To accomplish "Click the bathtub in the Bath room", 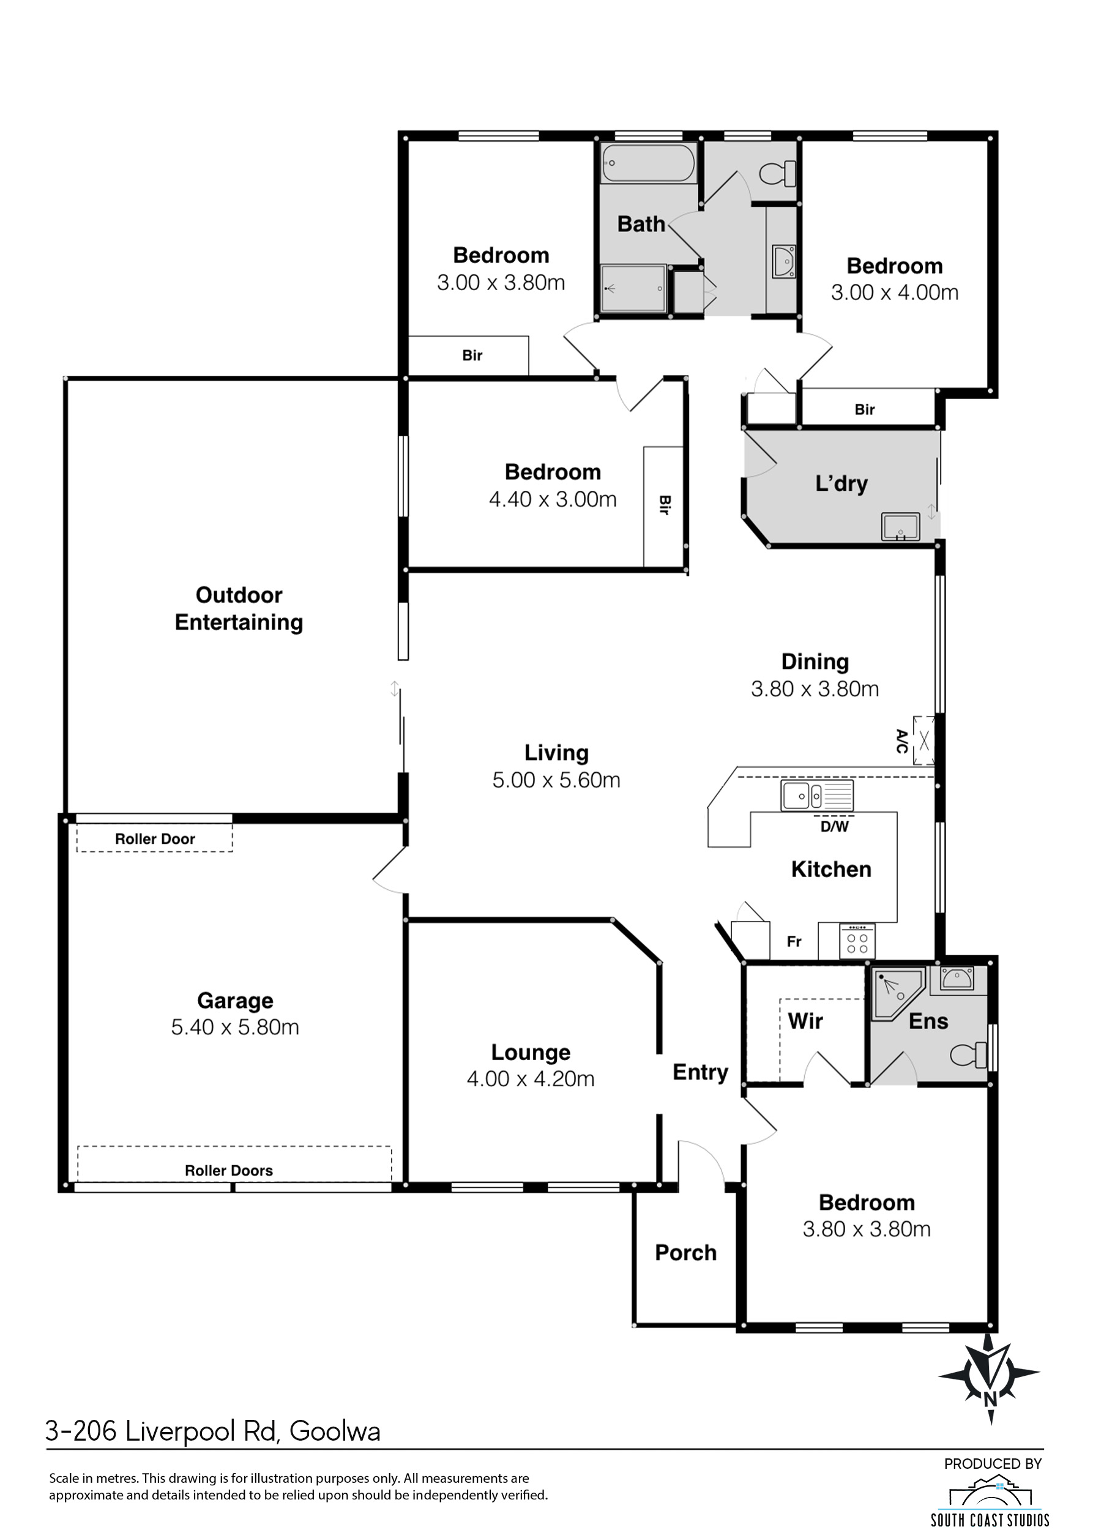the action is (x=649, y=163).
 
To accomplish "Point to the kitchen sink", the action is (x=817, y=796).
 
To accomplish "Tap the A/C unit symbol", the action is (x=923, y=741).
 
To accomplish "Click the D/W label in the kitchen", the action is (x=835, y=827).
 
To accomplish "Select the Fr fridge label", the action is (x=794, y=942).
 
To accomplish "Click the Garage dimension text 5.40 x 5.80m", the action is (x=235, y=1027).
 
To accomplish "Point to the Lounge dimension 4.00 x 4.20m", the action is (x=531, y=1079).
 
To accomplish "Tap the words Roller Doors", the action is (x=229, y=1171).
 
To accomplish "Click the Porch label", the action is (x=686, y=1253).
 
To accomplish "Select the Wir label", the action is (x=805, y=1021).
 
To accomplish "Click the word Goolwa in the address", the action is (x=335, y=1431).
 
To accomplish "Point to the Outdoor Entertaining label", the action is (x=239, y=609).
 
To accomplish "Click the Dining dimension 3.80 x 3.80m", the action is (x=815, y=689).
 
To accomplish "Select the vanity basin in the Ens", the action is (x=957, y=979).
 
